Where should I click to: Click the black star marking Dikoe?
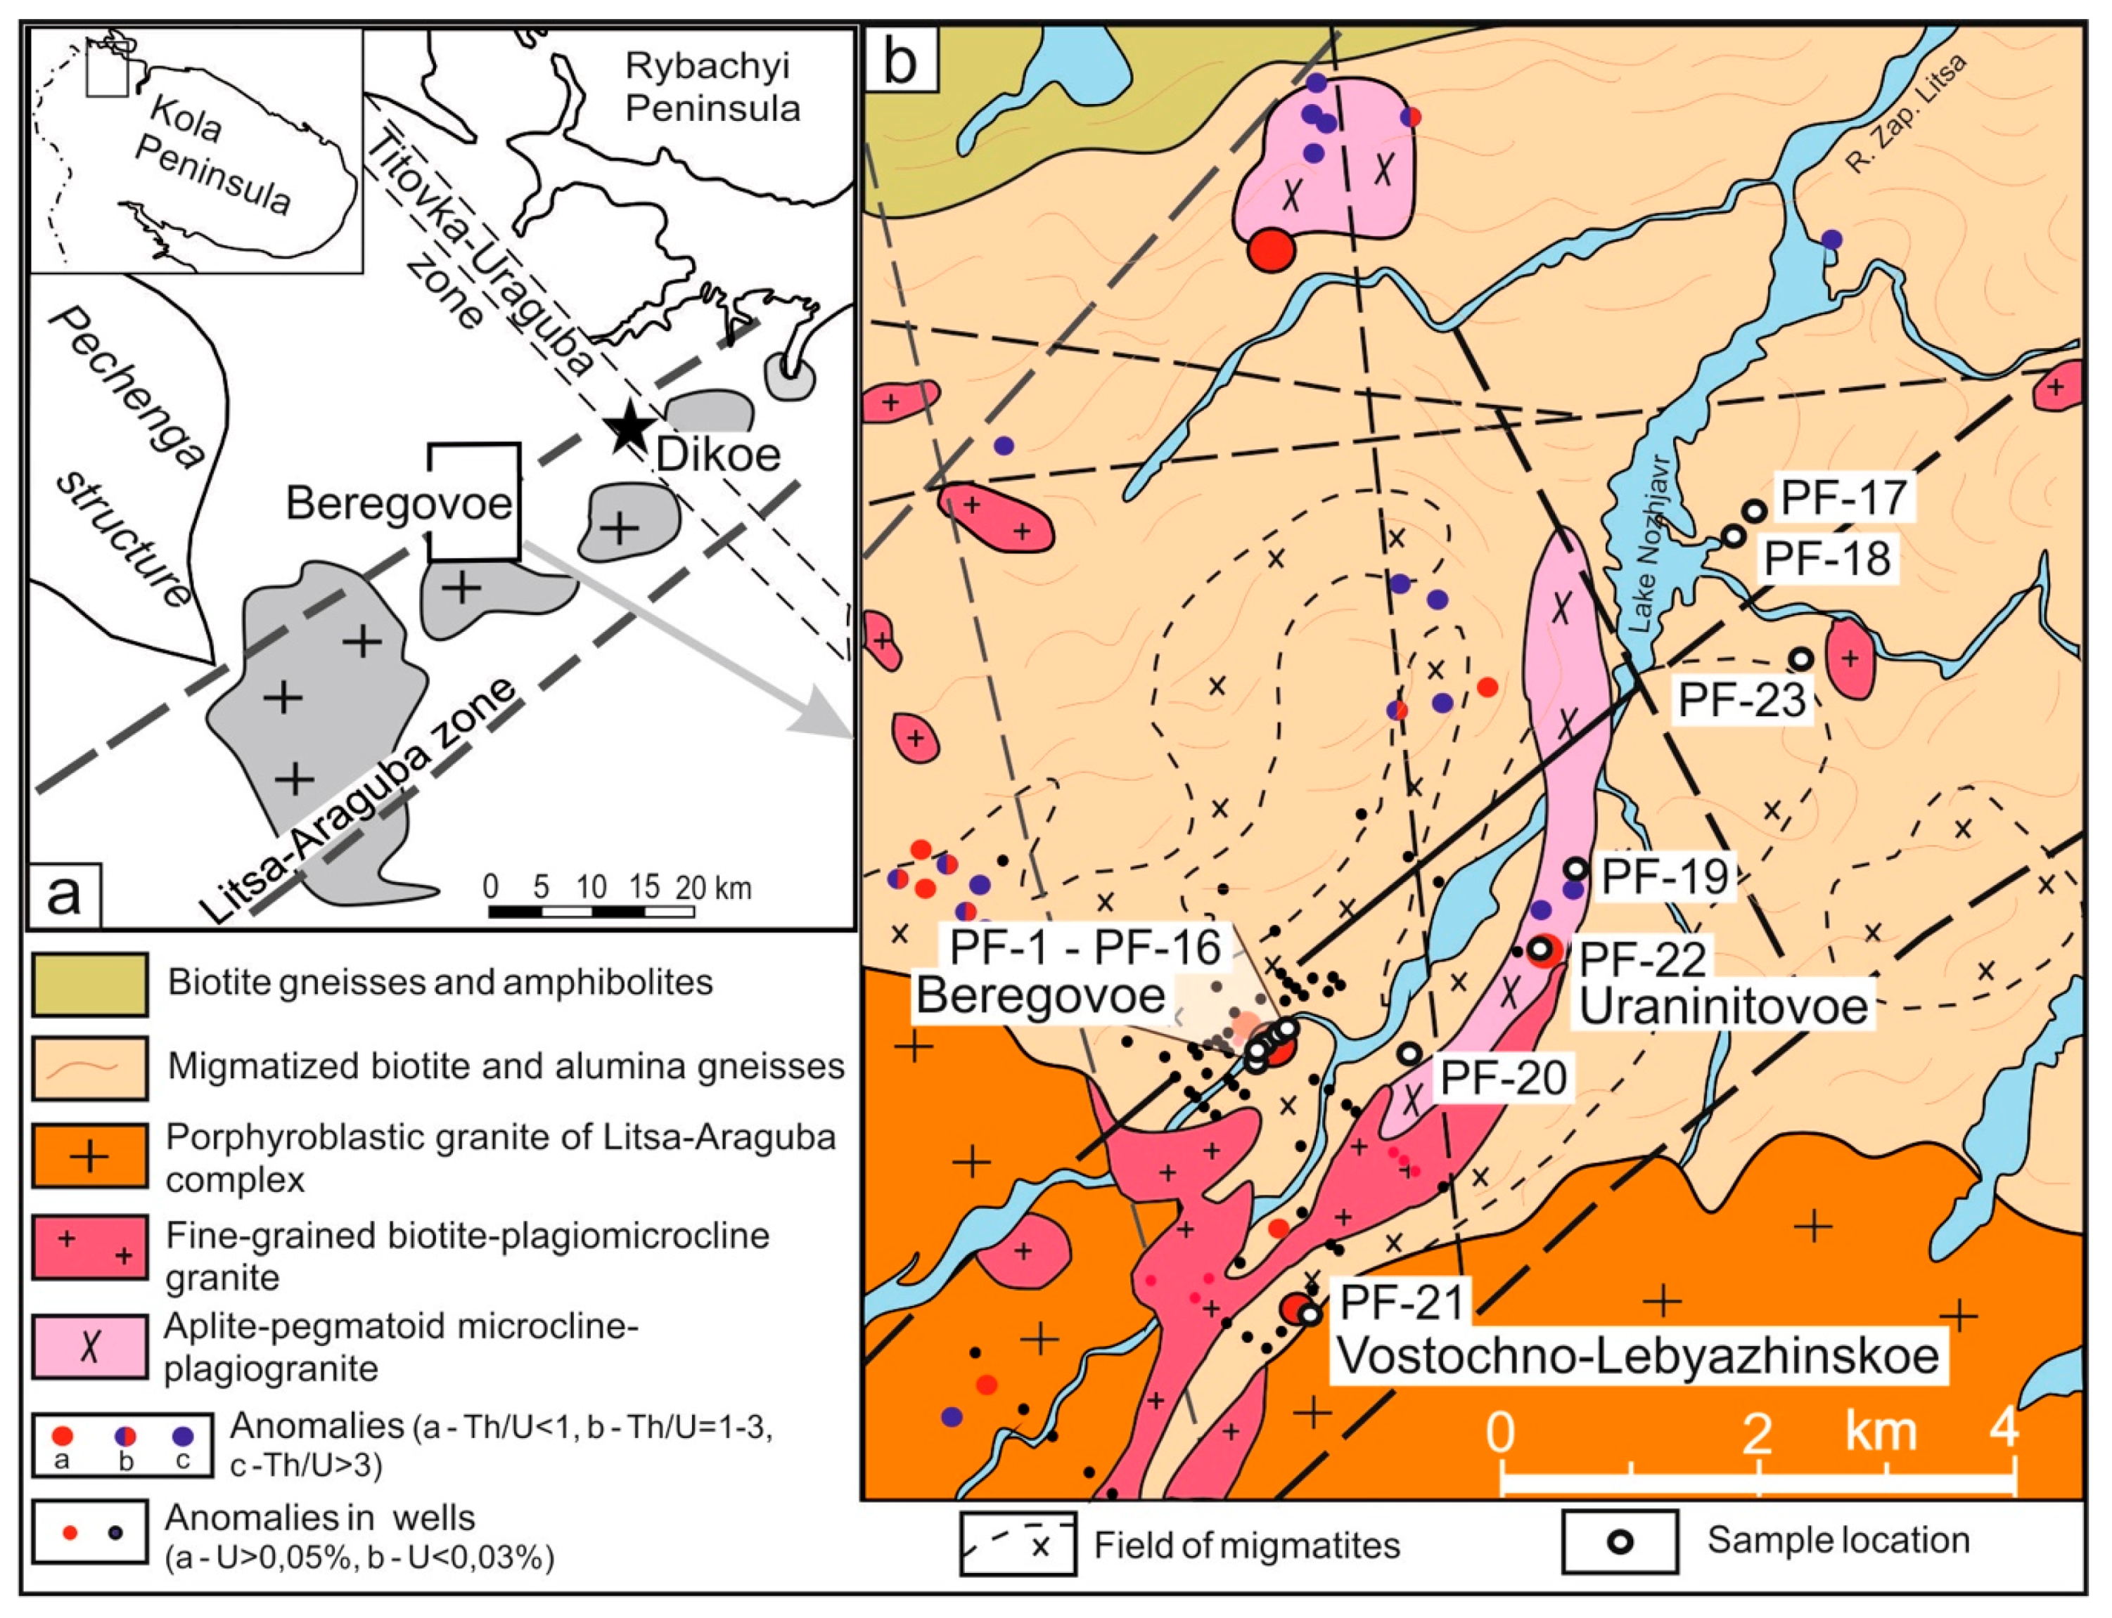630,427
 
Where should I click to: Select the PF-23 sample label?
1741,699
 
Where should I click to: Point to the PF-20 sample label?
1503,1077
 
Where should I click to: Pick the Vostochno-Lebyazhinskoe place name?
1638,1356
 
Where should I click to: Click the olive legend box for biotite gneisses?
89,984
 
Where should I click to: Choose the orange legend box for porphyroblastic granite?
89,1156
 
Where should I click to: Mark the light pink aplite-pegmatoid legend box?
89,1347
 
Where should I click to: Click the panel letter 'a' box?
65,895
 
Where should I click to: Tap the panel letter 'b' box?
900,60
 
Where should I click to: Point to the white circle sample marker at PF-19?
1575,869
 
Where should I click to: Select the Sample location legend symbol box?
1620,1542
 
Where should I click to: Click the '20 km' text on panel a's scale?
714,887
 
